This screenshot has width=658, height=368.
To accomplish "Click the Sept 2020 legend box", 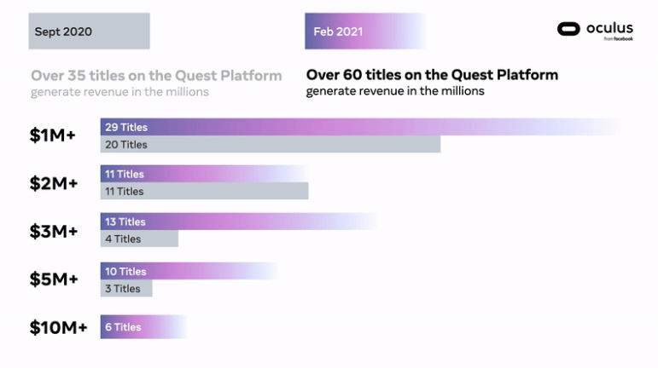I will (x=89, y=32).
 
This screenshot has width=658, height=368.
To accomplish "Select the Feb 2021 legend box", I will (x=363, y=32).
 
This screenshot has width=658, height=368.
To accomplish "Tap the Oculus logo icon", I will (x=568, y=30).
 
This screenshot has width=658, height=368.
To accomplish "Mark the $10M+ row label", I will (x=58, y=326).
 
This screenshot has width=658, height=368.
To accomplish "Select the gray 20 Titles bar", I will (x=270, y=145).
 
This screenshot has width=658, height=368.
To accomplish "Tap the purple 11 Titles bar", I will (x=203, y=174).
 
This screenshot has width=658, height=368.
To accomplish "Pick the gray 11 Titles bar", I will (x=204, y=192).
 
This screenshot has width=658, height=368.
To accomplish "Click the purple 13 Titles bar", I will (x=237, y=221).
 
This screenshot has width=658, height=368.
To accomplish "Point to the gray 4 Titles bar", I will (x=139, y=239).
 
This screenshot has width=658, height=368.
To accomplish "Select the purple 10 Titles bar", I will (x=188, y=271).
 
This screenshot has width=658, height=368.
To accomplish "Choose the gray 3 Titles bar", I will (x=126, y=289).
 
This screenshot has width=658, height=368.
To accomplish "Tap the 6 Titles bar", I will (x=143, y=326).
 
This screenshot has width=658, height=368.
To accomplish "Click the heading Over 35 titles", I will (x=156, y=75).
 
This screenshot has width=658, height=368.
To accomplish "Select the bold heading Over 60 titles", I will (x=432, y=75).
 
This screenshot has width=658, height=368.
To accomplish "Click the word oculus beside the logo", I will (x=609, y=28).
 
